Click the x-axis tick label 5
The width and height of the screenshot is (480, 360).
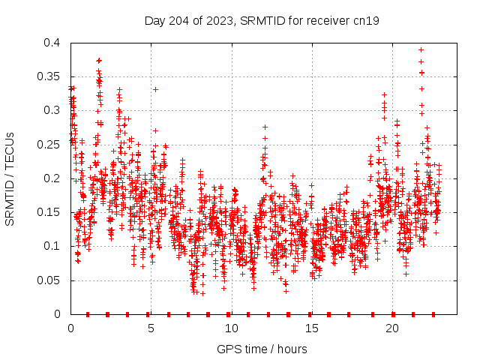[x=151, y=328]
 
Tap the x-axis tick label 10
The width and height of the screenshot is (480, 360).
[x=231, y=328]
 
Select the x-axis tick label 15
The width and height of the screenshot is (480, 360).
[x=311, y=328]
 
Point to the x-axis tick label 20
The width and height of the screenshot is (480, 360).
[x=391, y=328]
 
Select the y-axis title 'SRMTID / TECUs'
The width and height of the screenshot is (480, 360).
[x=10, y=179]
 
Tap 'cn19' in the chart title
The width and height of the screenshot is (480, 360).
[x=366, y=20]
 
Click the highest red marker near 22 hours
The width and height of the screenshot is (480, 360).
[x=421, y=49]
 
